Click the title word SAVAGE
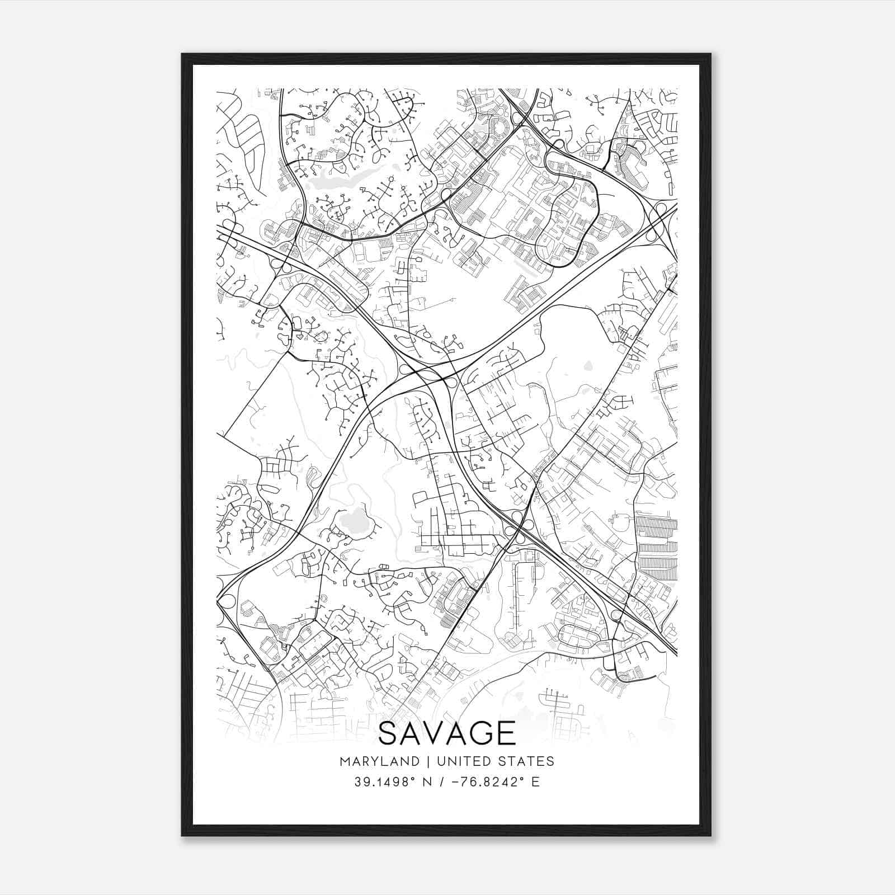point(447,733)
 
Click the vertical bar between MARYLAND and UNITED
point(428,761)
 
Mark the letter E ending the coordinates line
point(536,781)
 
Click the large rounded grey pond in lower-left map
point(353,523)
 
